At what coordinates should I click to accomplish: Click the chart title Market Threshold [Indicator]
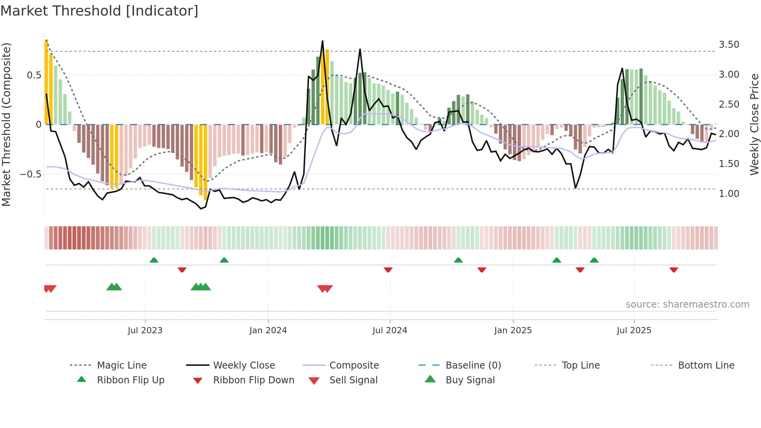click(99, 11)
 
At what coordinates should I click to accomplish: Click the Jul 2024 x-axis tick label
click(390, 331)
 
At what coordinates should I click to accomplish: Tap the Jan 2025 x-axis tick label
click(513, 331)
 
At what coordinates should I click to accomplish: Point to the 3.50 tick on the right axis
click(729, 45)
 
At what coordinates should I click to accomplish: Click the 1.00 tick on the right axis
click(729, 194)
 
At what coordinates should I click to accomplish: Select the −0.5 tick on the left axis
click(31, 174)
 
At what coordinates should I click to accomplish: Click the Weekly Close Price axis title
click(754, 124)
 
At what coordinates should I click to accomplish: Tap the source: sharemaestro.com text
click(687, 304)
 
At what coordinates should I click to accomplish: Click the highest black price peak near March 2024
click(322, 41)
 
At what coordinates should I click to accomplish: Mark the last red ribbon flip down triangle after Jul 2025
click(674, 270)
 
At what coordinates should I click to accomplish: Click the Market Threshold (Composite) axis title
click(6, 124)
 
